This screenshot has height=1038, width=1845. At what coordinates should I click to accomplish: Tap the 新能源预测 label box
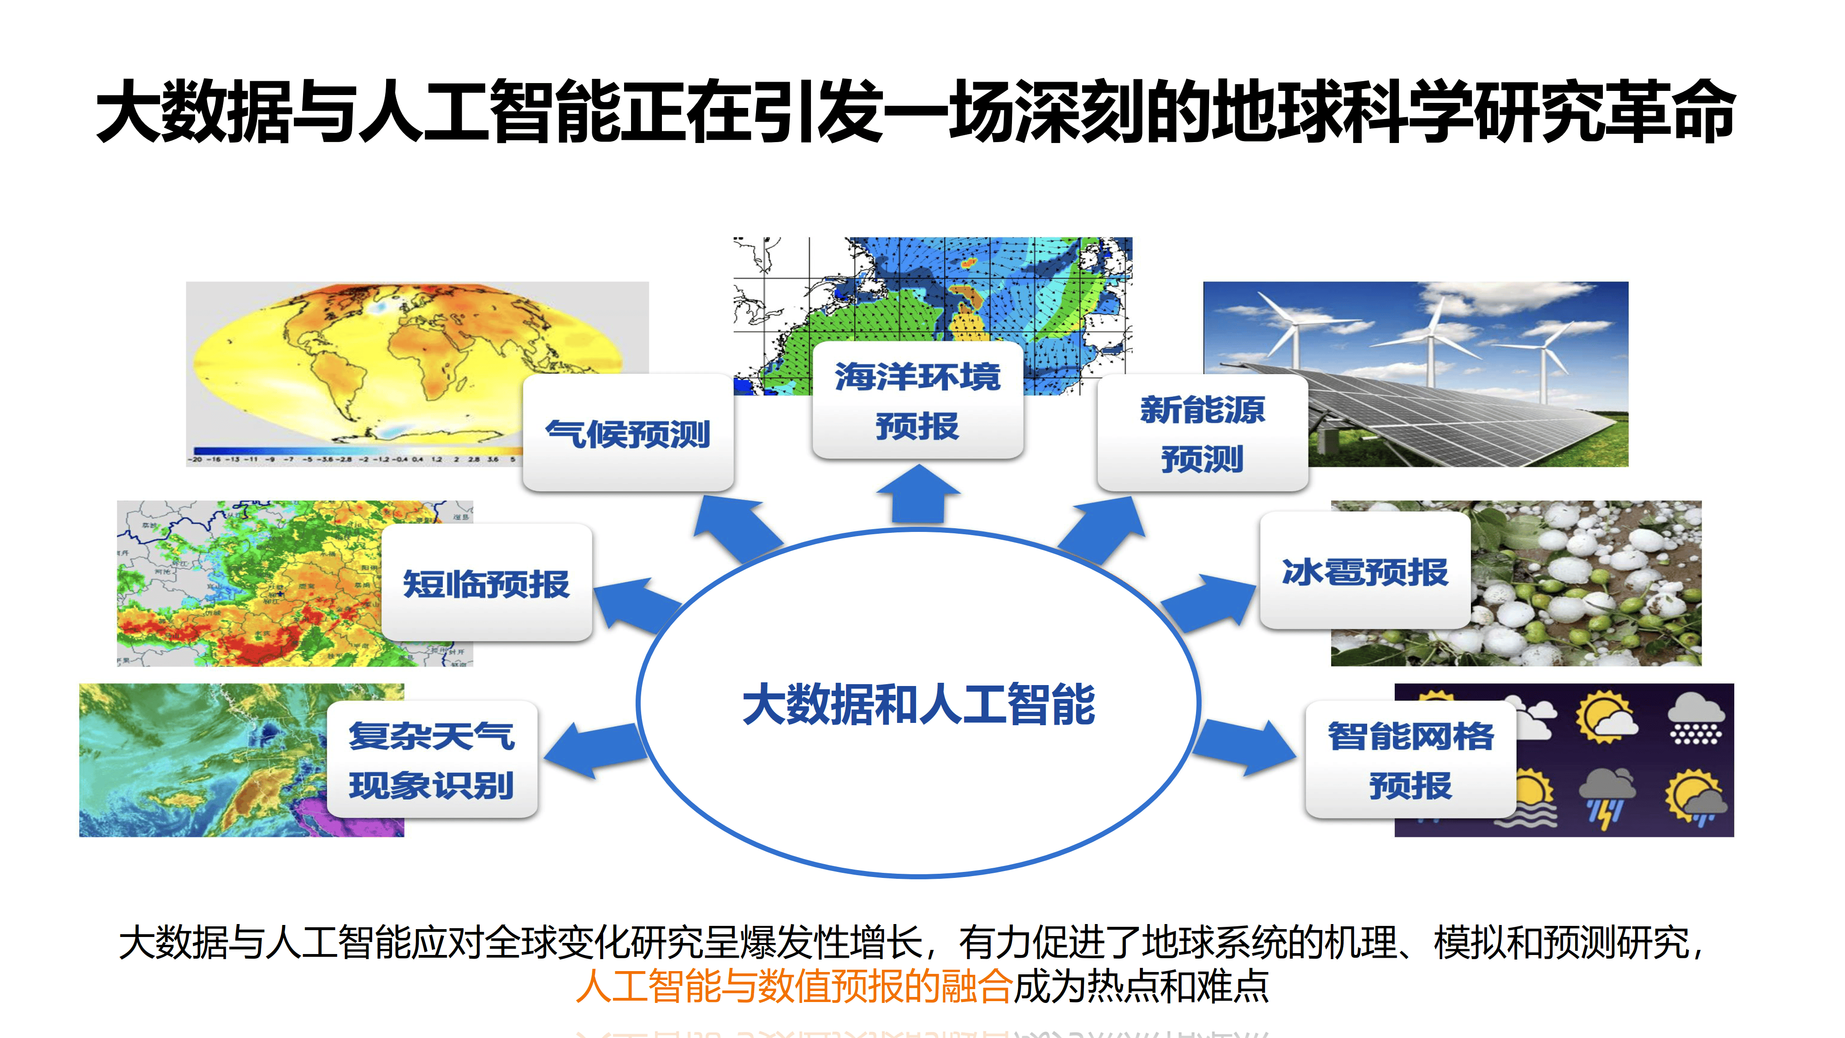click(x=1202, y=433)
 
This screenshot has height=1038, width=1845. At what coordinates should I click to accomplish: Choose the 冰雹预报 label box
click(x=1364, y=572)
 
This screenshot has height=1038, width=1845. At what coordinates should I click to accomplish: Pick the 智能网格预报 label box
click(x=1410, y=760)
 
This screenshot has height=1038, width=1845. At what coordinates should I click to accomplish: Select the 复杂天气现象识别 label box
click(x=432, y=760)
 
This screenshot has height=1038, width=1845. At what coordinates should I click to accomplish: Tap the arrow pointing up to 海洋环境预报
click(x=918, y=494)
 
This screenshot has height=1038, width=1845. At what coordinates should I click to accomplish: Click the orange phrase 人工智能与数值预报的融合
click(x=793, y=986)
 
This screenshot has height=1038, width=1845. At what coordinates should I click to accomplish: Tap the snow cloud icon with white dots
click(x=1695, y=718)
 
